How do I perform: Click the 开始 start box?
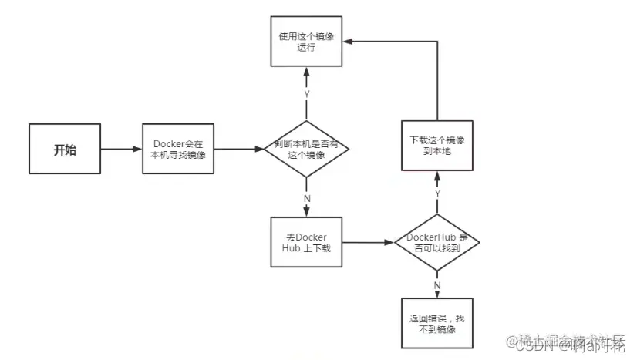tap(65, 150)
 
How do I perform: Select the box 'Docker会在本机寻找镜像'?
tap(179, 150)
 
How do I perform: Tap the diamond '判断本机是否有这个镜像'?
tap(306, 150)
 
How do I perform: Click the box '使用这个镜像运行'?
tap(306, 41)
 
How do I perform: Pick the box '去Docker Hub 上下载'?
tap(306, 242)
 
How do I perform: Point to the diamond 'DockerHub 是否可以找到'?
tap(436, 242)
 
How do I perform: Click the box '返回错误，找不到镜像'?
tap(436, 324)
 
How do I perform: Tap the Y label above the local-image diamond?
tap(306, 93)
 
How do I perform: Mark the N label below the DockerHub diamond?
tap(436, 285)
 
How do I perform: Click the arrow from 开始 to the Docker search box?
tap(121, 150)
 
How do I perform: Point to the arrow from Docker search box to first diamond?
tap(239, 150)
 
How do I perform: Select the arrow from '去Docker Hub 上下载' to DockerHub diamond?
tap(367, 242)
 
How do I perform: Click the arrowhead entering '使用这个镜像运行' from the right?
tap(349, 41)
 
